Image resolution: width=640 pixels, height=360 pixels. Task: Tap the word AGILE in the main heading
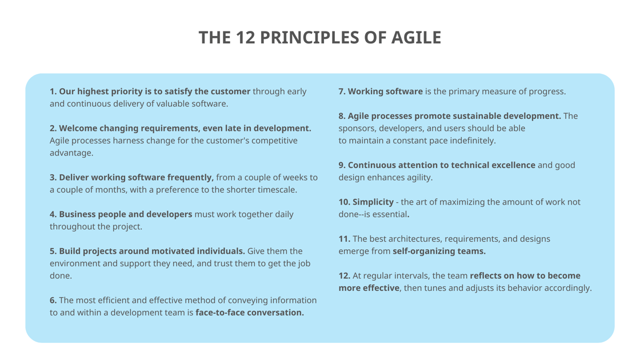tap(416, 38)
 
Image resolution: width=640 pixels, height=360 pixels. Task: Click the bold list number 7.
tap(342, 91)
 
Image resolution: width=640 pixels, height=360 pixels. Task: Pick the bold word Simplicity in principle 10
tap(373, 202)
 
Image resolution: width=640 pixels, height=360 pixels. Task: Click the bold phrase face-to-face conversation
tap(250, 313)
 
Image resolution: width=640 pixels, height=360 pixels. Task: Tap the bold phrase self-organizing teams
tap(439, 251)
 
